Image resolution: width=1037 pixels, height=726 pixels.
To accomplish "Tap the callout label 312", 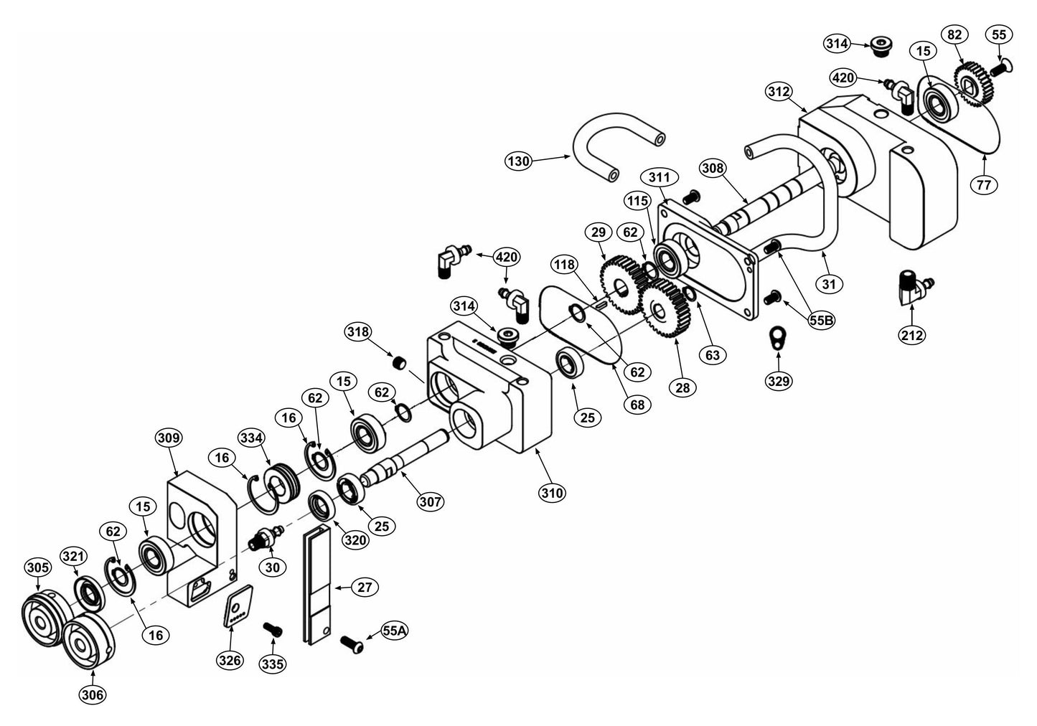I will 778,92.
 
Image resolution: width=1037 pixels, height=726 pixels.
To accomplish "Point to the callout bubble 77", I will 983,185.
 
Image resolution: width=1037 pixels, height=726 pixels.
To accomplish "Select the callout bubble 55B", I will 821,321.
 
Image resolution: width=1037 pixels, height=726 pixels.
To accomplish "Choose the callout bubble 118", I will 565,265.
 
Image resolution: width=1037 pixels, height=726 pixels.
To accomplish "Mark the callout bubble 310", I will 553,493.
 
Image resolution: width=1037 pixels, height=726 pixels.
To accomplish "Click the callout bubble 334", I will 253,438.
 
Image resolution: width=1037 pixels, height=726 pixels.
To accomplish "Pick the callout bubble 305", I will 38,567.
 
